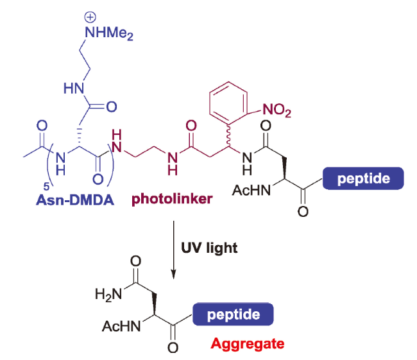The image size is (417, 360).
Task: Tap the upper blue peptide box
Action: pyautogui.click(x=364, y=178)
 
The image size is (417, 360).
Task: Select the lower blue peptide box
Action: pyautogui.click(x=234, y=315)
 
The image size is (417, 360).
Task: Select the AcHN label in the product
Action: pyautogui.click(x=120, y=327)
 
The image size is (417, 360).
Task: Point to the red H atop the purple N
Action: pyautogui.click(x=117, y=135)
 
